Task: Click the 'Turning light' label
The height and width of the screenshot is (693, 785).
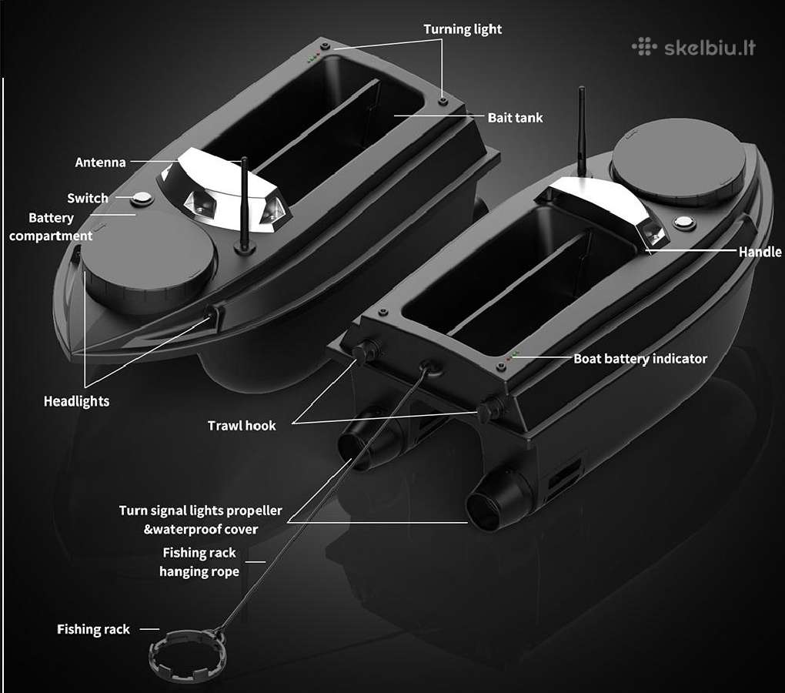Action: point(463,29)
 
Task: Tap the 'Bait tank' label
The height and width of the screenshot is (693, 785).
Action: point(515,118)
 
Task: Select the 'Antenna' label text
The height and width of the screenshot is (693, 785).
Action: point(100,162)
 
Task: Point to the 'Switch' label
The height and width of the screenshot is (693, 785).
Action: point(88,199)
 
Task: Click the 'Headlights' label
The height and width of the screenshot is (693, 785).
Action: point(77,402)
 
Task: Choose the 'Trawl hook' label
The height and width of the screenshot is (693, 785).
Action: point(242,426)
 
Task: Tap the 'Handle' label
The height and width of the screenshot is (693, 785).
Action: point(760,252)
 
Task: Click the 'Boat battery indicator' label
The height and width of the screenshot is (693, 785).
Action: point(640,359)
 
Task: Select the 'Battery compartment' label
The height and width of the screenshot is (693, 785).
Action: point(51,227)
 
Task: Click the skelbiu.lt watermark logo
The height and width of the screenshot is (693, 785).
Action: point(693,48)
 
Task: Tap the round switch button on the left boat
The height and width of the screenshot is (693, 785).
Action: point(142,199)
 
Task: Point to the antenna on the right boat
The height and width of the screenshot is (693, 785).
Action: point(582,132)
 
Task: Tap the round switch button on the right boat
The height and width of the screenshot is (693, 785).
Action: point(683,222)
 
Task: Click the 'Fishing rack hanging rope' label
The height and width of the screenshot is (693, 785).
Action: point(199,562)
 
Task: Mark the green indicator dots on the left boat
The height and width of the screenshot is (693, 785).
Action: point(313,57)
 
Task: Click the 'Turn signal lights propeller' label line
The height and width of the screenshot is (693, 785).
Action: point(200,511)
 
